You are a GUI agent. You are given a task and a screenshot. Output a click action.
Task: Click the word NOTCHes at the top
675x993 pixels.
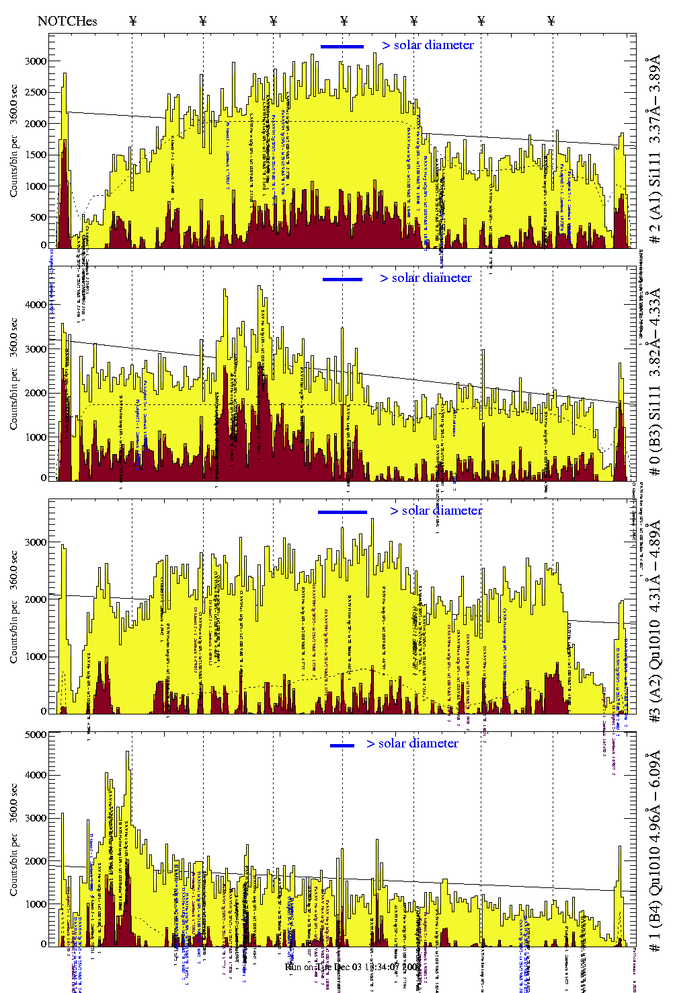[x=67, y=21]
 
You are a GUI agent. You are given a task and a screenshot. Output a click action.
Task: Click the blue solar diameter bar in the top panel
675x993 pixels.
[x=342, y=46]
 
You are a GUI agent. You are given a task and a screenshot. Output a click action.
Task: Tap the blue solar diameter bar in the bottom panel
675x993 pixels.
[x=342, y=745]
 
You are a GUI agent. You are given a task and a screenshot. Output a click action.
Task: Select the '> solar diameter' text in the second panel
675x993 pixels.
[x=426, y=278]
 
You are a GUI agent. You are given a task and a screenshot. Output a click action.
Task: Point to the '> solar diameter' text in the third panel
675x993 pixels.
[x=436, y=511]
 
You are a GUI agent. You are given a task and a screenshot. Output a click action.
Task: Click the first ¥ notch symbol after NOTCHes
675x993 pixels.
[x=132, y=21]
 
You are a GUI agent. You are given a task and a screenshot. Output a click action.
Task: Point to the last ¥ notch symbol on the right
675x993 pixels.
[x=551, y=21]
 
